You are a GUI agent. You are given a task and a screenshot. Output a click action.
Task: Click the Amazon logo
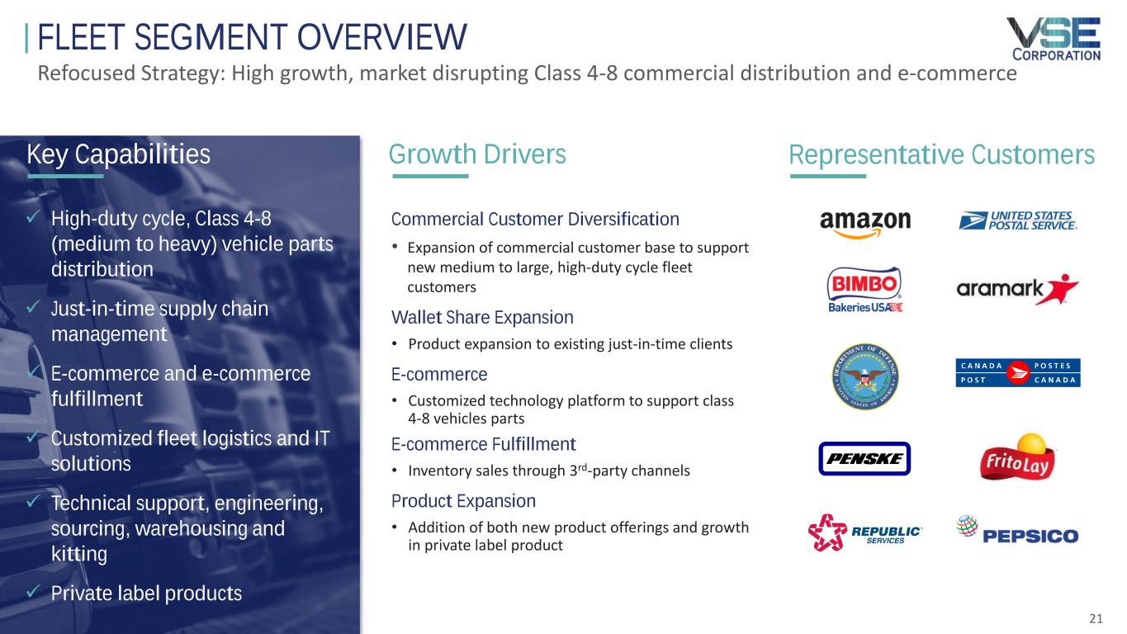click(x=865, y=224)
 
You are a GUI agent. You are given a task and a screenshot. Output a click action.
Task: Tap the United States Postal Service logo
click(x=1017, y=220)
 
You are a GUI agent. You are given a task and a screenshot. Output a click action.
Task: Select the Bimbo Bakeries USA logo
click(x=865, y=289)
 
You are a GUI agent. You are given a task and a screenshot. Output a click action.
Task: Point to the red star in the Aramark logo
click(x=1062, y=289)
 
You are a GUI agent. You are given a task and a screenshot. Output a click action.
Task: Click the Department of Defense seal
click(x=865, y=376)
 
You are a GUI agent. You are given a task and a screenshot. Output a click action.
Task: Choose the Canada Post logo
click(x=1018, y=373)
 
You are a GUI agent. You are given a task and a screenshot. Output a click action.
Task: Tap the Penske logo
click(x=864, y=458)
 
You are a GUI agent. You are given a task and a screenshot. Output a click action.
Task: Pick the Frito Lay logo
click(x=1017, y=457)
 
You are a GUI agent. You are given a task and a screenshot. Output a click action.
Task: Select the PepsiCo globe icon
click(x=967, y=526)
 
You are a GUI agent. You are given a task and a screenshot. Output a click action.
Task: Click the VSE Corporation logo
click(x=1054, y=39)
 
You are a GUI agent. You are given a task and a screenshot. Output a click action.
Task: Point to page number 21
click(x=1096, y=618)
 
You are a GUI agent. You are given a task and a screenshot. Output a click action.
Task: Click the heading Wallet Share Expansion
click(x=482, y=318)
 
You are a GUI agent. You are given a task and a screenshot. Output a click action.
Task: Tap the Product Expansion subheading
click(x=463, y=501)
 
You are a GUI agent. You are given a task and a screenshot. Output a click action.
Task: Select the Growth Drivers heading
click(x=477, y=154)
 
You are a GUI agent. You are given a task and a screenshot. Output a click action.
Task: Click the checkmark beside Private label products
click(x=33, y=591)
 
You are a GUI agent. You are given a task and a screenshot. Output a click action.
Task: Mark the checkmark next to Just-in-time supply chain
click(x=33, y=306)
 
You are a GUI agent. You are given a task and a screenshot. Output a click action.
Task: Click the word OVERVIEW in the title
click(x=382, y=37)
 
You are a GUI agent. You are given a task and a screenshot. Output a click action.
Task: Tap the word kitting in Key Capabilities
click(x=79, y=554)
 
